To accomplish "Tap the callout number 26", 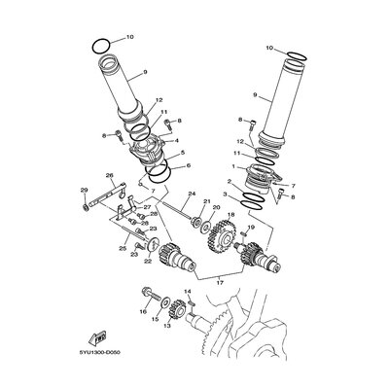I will [110, 175].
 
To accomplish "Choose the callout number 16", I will [142, 312].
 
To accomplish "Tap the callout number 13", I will [166, 326].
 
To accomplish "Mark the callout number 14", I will [188, 292].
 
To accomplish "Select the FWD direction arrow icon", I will [99, 336].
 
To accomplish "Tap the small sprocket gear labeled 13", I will [178, 310].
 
